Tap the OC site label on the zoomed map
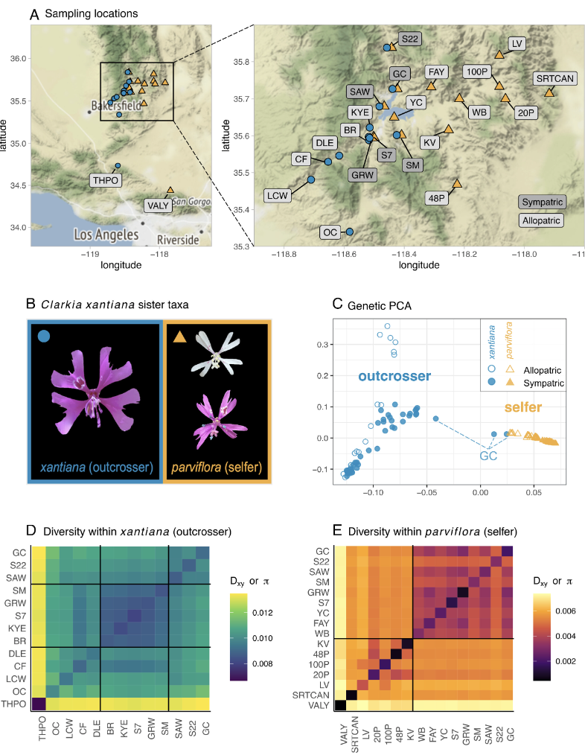point(331,232)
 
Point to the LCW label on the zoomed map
point(277,195)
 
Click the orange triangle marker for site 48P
point(457,182)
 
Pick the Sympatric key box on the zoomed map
point(541,202)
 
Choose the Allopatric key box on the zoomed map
point(541,220)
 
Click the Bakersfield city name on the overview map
point(121,105)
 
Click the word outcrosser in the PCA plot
point(394,376)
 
